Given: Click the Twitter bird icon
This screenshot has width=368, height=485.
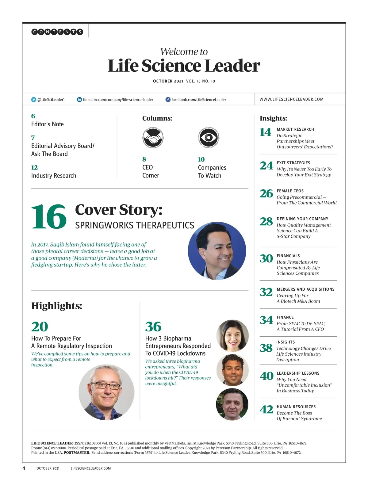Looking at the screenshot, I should [34, 100].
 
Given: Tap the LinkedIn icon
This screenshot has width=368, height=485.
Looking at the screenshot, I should [79, 100].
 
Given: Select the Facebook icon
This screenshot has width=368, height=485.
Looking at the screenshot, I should [168, 100].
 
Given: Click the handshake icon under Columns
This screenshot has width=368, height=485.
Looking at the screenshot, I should [153, 138].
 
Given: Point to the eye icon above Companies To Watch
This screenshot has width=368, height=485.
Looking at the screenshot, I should [208, 138].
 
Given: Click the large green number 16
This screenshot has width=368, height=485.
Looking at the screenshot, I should [49, 217].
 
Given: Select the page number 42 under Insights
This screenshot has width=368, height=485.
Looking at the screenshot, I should [266, 410].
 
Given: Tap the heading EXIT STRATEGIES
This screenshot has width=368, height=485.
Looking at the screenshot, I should [293, 163].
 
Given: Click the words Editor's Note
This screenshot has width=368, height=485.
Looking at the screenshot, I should [48, 124].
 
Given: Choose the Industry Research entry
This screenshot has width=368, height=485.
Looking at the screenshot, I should [54, 176].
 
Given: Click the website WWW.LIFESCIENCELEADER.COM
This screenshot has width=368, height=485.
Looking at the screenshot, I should [291, 99].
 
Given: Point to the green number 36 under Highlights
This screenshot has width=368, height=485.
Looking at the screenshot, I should [153, 327].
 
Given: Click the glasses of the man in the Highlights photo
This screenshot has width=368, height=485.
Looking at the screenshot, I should [106, 385].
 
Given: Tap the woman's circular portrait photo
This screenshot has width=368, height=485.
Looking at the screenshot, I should [232, 335].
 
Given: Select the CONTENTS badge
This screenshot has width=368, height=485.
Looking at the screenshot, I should [57, 32].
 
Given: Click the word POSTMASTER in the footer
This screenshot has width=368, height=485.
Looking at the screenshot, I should [76, 453].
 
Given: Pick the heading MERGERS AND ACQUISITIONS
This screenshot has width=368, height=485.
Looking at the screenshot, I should [305, 289].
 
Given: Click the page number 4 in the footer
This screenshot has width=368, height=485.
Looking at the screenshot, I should [24, 468].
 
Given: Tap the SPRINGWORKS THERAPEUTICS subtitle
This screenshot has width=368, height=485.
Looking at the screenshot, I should [134, 226].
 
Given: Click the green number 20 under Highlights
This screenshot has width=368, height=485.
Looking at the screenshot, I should [40, 327].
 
